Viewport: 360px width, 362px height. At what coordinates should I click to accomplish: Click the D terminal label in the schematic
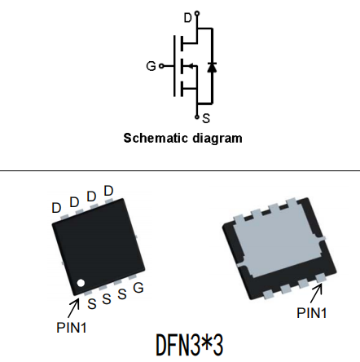(188, 18)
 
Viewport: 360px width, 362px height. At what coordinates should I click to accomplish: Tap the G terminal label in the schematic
(151, 66)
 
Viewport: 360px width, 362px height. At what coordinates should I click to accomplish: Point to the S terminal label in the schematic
(206, 118)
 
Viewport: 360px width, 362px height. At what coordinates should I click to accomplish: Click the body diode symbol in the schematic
(212, 67)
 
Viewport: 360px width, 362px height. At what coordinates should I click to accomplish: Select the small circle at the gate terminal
(161, 66)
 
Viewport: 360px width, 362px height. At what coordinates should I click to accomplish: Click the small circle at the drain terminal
(197, 13)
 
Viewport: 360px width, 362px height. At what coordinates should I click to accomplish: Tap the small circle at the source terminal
(197, 117)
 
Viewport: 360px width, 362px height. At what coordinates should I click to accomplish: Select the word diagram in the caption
(217, 139)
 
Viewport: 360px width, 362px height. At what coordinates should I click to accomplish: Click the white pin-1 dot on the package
(81, 283)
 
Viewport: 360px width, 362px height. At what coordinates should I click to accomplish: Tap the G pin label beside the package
(138, 288)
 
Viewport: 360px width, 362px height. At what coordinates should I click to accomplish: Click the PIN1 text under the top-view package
(72, 328)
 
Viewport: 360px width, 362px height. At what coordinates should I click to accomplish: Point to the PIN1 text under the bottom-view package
(311, 313)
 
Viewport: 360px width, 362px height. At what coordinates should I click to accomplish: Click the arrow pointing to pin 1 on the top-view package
(73, 308)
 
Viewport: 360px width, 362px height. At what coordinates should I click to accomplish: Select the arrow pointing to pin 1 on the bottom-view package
(316, 293)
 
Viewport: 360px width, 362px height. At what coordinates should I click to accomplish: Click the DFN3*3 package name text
(190, 345)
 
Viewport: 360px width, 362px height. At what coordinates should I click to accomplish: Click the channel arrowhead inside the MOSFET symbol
(191, 66)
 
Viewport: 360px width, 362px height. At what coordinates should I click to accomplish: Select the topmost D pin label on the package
(108, 191)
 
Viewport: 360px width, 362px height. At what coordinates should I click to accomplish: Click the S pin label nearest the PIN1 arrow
(92, 303)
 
